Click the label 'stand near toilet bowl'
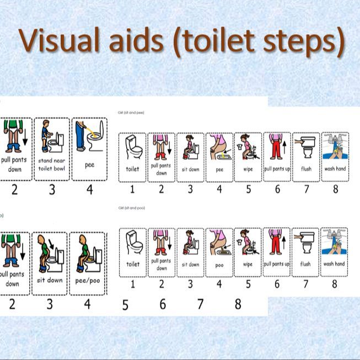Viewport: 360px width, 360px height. pyautogui.click(x=52, y=165)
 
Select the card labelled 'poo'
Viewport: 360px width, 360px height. pyautogui.click(x=219, y=252)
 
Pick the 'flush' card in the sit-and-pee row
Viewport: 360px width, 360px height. pyautogui.click(x=305, y=157)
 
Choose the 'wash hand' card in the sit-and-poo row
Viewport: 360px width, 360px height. pyautogui.click(x=334, y=252)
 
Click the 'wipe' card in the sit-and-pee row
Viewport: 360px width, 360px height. pyautogui.click(x=248, y=157)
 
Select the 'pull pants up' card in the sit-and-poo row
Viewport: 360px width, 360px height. pyautogui.click(x=277, y=252)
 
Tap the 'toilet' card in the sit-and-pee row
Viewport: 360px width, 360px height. pyautogui.click(x=133, y=157)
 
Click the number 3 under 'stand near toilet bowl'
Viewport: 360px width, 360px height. pyautogui.click(x=52, y=190)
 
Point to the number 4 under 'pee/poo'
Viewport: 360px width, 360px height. pyautogui.click(x=87, y=304)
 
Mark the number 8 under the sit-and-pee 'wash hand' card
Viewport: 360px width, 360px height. pyautogui.click(x=335, y=189)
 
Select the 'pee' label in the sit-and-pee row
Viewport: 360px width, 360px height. pyautogui.click(x=219, y=170)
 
